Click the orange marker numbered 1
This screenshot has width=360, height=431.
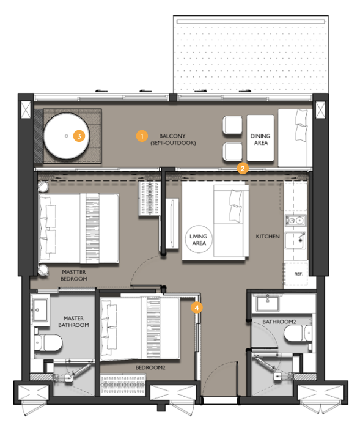[142, 136]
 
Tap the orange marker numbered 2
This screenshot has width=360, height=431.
[243, 168]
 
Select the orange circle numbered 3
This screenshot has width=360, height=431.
[79, 136]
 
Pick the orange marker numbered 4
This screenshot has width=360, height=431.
[197, 308]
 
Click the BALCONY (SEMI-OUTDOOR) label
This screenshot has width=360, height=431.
[173, 139]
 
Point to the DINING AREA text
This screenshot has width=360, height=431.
[260, 139]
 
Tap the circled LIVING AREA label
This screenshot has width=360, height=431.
[199, 240]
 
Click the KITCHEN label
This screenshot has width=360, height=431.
[268, 237]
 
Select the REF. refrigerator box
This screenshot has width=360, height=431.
[296, 274]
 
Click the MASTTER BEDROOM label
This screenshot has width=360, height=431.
[74, 276]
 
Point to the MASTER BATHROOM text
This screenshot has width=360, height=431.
[73, 322]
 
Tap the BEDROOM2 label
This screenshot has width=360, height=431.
[150, 367]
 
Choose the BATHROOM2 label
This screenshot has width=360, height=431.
[279, 322]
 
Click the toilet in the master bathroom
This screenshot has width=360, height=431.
[48, 343]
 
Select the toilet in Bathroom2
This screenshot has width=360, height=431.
[298, 334]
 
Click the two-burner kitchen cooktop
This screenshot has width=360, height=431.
[295, 220]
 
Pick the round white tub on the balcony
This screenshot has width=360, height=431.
[67, 136]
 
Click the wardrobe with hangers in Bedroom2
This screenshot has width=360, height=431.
[123, 385]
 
